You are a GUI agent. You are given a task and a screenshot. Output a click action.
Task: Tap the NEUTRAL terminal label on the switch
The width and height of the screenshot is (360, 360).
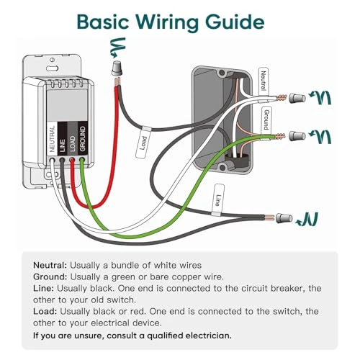[52, 139]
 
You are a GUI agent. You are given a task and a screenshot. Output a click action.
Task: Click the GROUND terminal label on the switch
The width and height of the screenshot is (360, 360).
[82, 139]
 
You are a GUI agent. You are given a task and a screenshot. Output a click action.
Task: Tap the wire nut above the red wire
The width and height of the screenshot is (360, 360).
[117, 68]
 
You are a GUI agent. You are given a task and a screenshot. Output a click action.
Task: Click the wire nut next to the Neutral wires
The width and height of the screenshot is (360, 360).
[297, 98]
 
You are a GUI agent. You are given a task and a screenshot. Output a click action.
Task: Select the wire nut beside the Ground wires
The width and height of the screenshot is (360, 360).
[297, 136]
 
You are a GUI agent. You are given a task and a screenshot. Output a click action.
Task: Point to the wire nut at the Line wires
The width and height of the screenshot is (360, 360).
[284, 218]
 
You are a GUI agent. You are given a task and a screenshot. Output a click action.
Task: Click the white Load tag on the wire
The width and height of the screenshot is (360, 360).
[143, 143]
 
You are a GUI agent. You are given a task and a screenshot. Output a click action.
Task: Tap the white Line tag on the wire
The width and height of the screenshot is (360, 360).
[217, 199]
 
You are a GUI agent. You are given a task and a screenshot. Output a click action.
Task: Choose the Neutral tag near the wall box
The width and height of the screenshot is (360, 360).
[264, 81]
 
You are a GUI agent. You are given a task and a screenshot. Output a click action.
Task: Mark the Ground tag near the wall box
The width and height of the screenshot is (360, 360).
[266, 120]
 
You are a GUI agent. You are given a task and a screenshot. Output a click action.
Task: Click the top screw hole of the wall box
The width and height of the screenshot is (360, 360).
[222, 72]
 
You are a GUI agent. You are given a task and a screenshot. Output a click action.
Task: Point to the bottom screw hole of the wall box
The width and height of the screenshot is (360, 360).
[222, 166]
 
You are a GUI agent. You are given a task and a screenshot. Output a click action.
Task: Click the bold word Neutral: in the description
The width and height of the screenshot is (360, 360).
[50, 265]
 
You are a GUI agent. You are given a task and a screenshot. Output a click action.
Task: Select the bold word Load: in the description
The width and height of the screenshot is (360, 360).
[45, 311]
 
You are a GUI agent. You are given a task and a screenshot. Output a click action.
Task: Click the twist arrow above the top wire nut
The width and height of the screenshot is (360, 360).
[117, 48]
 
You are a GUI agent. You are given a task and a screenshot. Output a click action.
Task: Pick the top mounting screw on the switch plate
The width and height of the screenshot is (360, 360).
[53, 60]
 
